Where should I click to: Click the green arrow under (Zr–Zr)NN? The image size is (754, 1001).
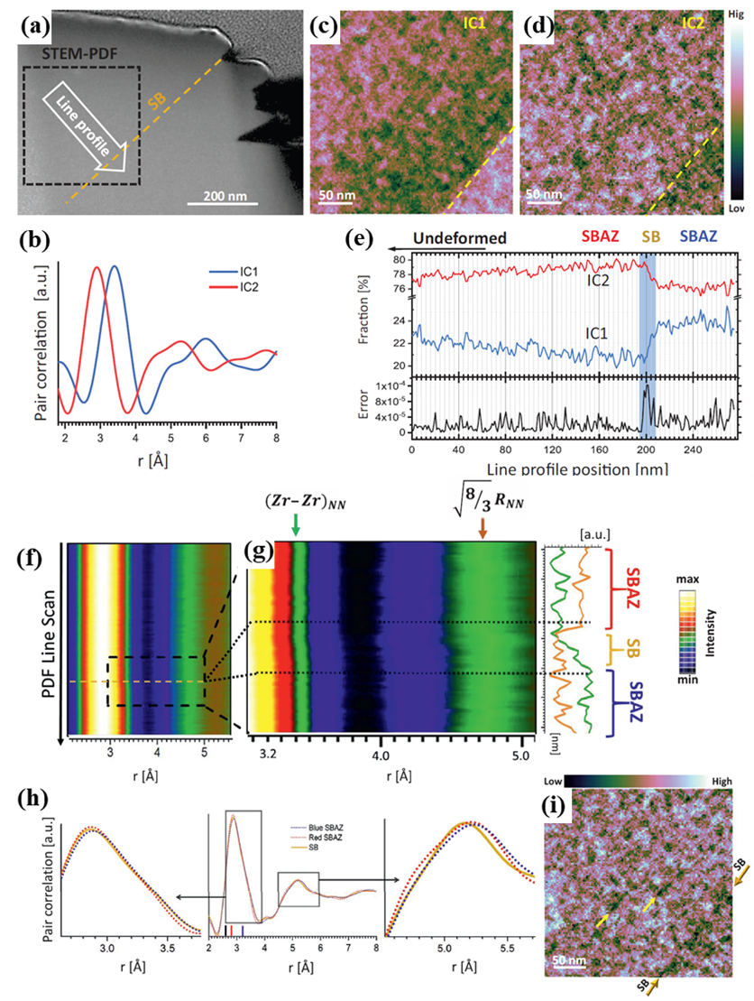coord(296,526)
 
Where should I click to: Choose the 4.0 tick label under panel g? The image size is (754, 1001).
coord(382,752)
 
